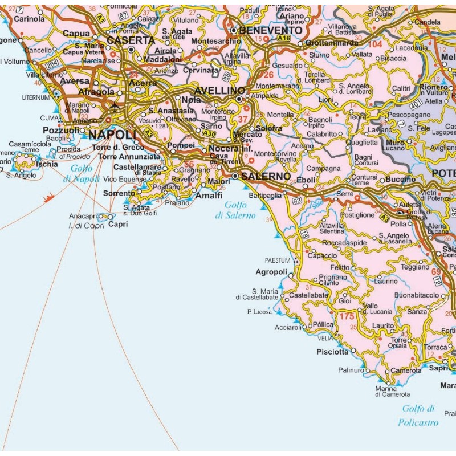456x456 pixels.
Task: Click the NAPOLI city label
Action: [113, 135]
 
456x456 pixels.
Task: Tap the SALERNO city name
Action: [266, 177]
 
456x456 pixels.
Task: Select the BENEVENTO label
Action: [271, 30]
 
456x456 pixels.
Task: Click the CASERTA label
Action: [131, 40]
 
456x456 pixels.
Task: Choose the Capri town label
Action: [118, 225]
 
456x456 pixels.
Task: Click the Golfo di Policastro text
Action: [420, 416]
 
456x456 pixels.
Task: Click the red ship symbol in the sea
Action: [49, 198]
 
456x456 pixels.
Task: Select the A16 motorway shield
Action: [284, 38]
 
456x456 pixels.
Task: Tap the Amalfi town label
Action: [209, 195]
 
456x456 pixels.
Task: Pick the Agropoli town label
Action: [271, 272]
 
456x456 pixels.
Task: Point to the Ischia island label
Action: [46, 164]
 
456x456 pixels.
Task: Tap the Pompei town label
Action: [181, 146]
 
